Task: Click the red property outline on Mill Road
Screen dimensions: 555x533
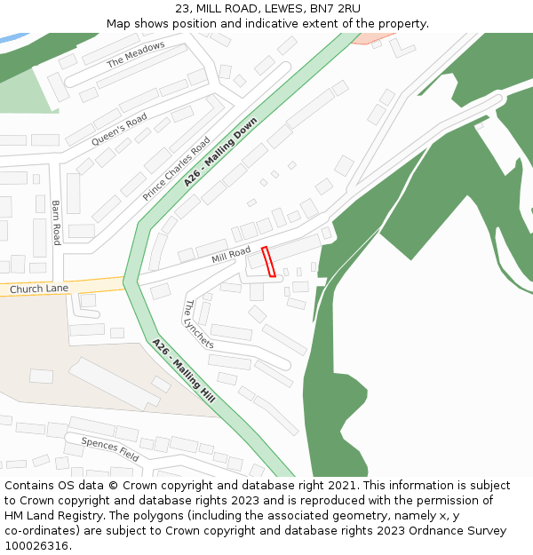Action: click(x=268, y=261)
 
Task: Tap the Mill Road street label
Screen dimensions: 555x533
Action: click(x=231, y=256)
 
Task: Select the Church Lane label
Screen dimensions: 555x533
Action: click(x=38, y=289)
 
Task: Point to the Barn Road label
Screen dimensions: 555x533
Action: click(x=55, y=222)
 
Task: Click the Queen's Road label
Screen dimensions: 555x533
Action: click(x=119, y=131)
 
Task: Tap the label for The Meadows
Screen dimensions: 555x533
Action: click(x=136, y=55)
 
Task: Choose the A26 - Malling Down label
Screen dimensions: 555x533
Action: click(x=220, y=152)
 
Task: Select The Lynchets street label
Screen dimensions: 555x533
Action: click(x=198, y=324)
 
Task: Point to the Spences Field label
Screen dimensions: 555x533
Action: click(x=110, y=448)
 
